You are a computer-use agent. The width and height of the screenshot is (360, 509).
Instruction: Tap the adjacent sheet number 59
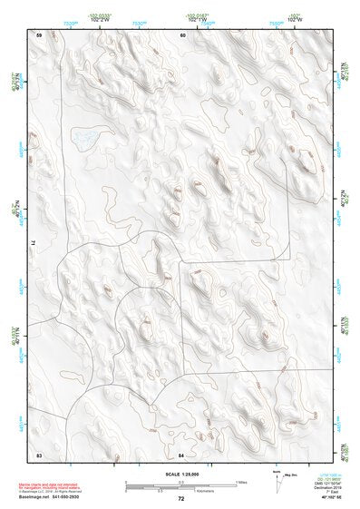[39, 34]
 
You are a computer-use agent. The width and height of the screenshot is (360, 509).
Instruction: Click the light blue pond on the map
[87, 138]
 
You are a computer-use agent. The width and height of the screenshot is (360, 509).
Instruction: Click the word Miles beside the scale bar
[241, 481]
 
